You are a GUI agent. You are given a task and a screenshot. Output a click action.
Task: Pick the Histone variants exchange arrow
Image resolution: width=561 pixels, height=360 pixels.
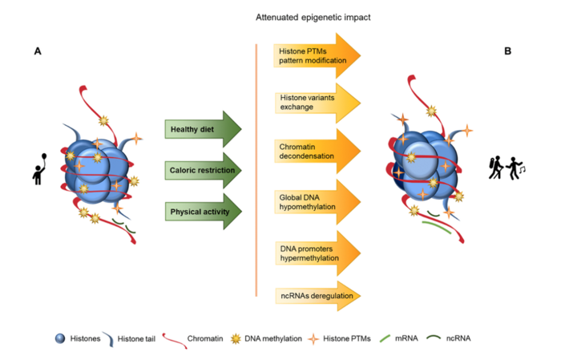coord(313,102)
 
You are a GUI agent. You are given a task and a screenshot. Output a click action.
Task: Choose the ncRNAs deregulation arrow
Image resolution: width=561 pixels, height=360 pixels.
coord(313,296)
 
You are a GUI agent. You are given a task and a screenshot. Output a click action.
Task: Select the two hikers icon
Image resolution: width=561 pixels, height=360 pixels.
coord(506,168)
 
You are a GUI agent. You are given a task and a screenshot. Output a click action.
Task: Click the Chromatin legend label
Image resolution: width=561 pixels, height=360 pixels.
coord(207,338)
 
